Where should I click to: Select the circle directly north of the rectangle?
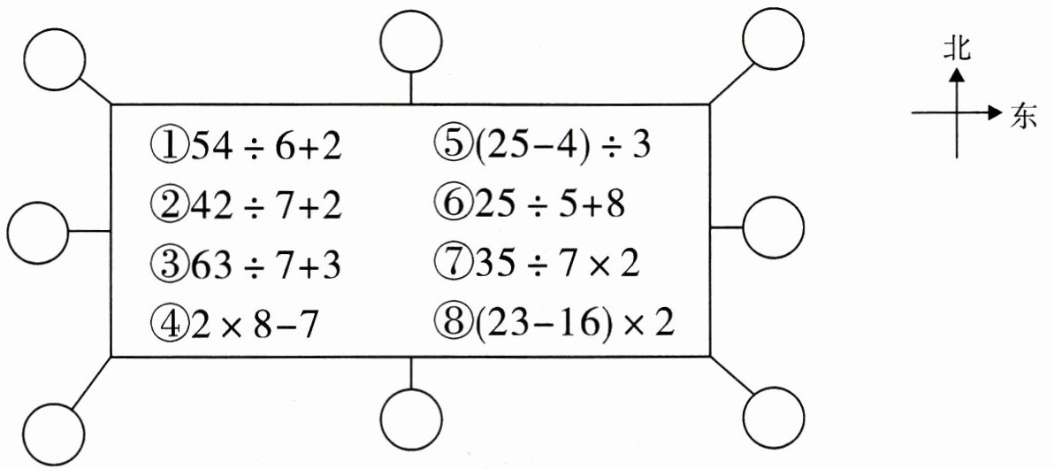pos(411,42)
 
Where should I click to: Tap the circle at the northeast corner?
pos(773,38)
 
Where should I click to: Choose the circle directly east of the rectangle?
pos(773,228)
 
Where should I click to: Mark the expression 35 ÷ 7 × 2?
pos(554,264)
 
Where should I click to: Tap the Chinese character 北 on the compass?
pos(956,49)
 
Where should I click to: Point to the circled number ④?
pos(165,325)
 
